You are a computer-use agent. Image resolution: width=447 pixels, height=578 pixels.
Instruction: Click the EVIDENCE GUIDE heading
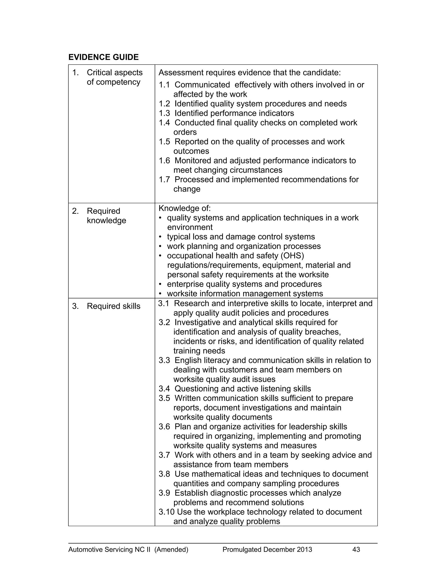103,57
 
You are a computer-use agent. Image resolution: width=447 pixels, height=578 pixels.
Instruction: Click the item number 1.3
164,113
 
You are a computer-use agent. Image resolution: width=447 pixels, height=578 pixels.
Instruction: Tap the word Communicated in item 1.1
202,85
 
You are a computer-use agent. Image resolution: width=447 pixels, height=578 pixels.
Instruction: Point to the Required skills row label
113,306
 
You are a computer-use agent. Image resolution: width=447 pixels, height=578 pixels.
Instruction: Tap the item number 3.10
166,512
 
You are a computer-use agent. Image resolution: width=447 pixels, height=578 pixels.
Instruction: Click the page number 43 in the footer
356,550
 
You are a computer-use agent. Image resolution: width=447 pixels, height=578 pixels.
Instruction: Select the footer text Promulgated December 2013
267,550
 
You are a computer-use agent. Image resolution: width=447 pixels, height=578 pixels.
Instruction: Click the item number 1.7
164,180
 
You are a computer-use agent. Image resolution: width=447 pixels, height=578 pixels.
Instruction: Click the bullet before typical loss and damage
160,237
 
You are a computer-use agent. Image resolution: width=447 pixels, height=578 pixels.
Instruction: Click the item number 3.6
164,427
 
